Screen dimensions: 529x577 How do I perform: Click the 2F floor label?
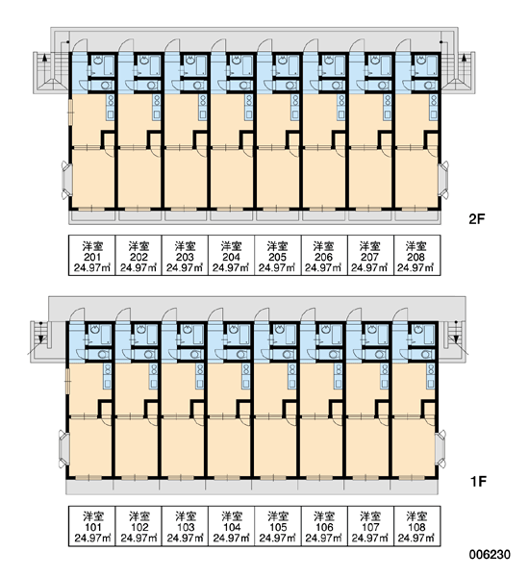coord(477,219)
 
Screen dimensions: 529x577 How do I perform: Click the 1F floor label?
coord(479,481)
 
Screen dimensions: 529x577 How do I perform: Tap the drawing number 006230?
coord(490,554)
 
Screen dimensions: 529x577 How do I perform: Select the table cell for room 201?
coord(92,256)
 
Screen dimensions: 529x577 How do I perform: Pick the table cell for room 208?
coord(417,256)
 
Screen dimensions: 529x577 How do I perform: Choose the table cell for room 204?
coord(231,256)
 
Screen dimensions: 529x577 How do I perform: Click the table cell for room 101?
coord(92,526)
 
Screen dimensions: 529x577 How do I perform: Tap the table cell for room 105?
coord(278,526)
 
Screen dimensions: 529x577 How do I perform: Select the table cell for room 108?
coord(417,526)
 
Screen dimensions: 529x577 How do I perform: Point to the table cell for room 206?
coord(324,256)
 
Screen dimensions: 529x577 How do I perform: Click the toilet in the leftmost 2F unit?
coord(105,86)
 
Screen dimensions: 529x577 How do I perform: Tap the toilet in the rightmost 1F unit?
coord(426,355)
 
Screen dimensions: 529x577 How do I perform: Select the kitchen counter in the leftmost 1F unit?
coord(108,376)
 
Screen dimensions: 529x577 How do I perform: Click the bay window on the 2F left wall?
coord(65,181)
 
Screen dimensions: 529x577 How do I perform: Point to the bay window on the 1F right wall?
coord(441,449)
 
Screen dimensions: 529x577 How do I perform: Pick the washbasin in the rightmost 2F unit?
coord(419,59)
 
